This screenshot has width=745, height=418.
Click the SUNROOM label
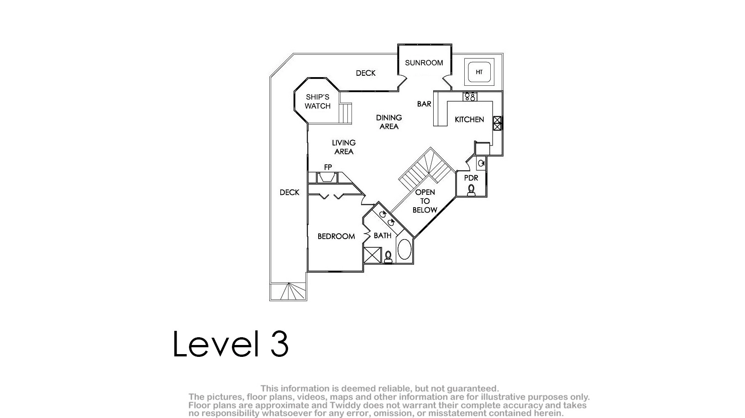click(424, 63)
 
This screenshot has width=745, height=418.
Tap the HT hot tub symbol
click(479, 72)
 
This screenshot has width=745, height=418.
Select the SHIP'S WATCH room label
click(318, 101)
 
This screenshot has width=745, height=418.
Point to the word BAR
click(424, 104)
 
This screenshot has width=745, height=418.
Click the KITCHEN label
click(469, 120)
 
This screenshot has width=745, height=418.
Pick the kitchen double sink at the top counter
click(470, 97)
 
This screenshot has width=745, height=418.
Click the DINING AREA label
click(389, 122)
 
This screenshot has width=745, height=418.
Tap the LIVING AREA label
click(344, 147)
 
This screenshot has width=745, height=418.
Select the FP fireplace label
click(328, 167)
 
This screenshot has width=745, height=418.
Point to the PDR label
click(471, 178)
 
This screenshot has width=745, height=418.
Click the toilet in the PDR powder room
click(471, 190)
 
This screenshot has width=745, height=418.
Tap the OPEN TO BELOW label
click(425, 201)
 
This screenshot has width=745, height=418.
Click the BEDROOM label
click(336, 236)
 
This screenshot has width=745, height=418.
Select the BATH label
click(383, 236)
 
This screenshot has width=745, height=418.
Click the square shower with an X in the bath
click(372, 255)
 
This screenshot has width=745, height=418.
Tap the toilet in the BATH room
click(388, 257)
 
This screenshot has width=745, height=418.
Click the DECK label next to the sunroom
click(366, 73)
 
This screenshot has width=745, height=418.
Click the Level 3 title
click(231, 344)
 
